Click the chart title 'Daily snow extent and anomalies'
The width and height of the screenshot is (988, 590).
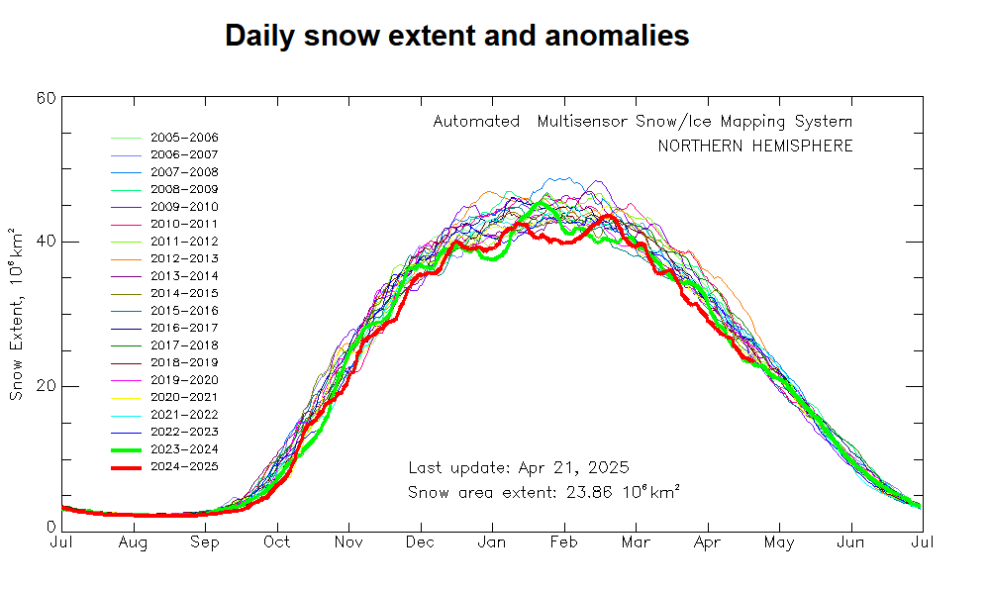[x=456, y=36]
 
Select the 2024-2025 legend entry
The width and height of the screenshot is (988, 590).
[x=184, y=466]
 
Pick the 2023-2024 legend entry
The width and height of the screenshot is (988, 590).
[x=184, y=449]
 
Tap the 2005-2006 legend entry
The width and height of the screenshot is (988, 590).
[x=184, y=138]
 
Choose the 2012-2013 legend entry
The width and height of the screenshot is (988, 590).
[x=184, y=258]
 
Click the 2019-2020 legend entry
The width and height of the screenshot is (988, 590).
[x=184, y=380]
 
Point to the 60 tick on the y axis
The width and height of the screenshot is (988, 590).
[x=46, y=97]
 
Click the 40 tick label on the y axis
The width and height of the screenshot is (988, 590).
[x=46, y=242]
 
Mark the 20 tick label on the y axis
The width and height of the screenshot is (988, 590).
[x=46, y=386]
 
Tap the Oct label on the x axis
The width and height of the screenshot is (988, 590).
[x=277, y=542]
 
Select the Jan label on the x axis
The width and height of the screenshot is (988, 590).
[x=492, y=542]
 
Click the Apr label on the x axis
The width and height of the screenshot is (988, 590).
[x=707, y=542]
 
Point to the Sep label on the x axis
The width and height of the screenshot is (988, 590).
[x=205, y=542]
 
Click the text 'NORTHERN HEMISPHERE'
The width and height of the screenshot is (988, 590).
[x=755, y=147]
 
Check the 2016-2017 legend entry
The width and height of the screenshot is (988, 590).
[x=184, y=328]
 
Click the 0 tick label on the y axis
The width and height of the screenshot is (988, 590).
[x=50, y=529]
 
